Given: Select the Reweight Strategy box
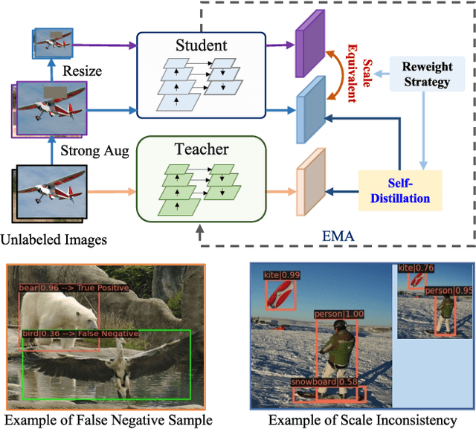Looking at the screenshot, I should coord(421,74).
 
